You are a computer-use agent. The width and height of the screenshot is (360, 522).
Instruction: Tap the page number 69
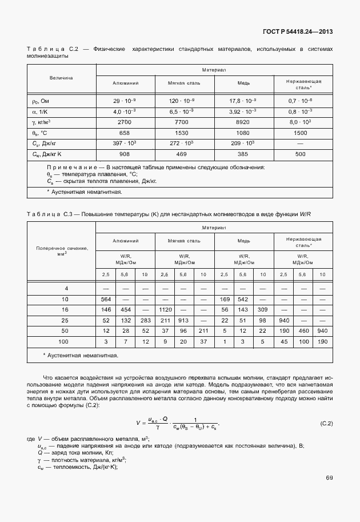329,477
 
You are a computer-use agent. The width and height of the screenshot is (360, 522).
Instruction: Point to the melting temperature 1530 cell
181,133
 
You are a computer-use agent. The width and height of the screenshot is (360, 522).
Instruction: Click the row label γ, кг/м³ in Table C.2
42,122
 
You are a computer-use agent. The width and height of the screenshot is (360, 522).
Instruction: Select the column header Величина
61,77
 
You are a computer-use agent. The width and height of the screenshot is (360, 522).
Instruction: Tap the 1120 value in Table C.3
165,309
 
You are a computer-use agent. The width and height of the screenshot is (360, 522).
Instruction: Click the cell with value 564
106,299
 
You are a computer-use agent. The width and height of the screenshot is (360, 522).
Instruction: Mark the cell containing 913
183,320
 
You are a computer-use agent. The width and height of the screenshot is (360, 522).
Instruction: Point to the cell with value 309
263,309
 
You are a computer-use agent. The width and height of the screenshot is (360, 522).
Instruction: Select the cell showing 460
303,331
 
